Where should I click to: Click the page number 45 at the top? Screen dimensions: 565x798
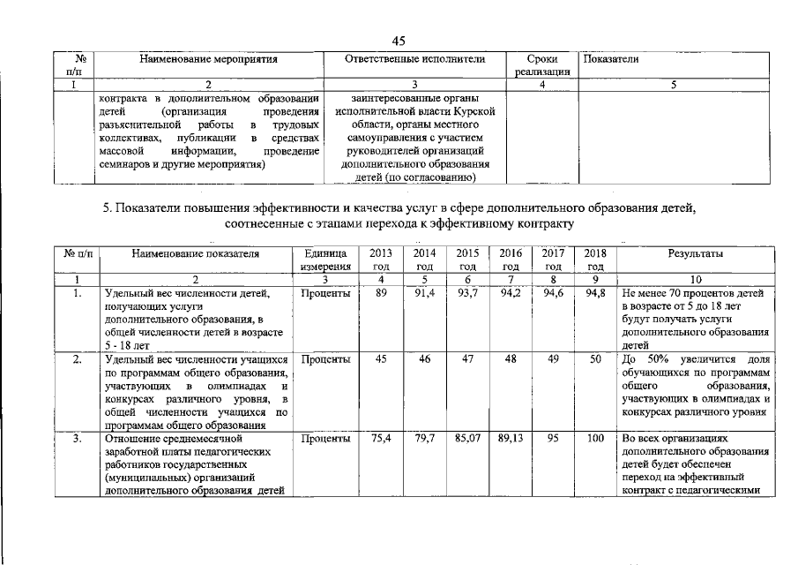(398, 41)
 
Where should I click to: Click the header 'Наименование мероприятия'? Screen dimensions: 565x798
(209, 59)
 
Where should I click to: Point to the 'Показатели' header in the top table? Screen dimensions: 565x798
(610, 59)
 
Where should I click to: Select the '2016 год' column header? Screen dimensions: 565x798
(510, 260)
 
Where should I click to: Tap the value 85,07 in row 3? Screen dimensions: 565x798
(467, 438)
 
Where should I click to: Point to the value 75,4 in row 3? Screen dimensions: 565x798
(381, 438)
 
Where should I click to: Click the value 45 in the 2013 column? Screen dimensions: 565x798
(381, 360)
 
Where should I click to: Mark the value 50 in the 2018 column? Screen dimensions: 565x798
(595, 360)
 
